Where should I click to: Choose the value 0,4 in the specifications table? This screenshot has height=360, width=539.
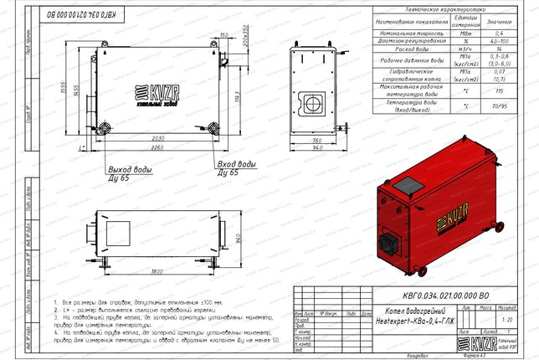(500, 31)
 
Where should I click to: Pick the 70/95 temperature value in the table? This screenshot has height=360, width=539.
(500, 107)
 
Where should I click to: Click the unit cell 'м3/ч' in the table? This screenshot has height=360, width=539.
(460, 51)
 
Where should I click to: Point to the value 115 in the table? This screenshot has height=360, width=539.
(500, 91)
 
